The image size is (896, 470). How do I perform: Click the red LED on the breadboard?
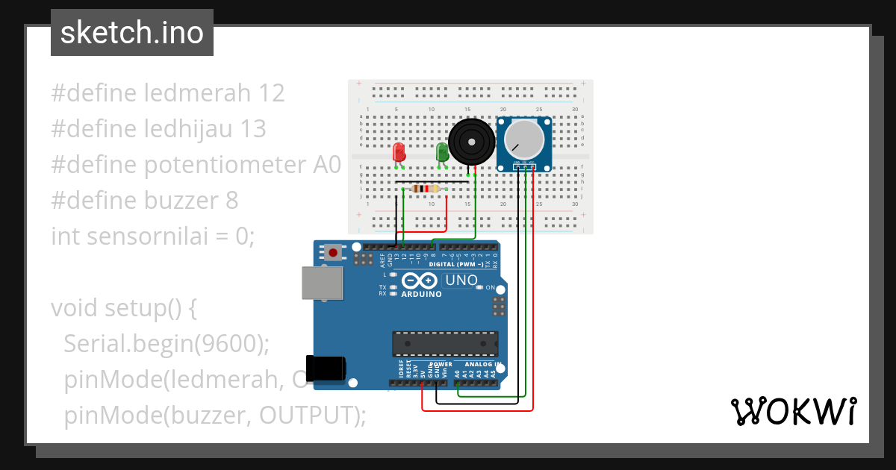pos(399,152)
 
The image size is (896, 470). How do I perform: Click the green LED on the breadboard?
pos(441,152)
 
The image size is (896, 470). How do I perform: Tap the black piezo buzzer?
pos(470,141)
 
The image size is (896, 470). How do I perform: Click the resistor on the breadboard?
pos(425,189)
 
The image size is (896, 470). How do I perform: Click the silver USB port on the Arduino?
pos(322,283)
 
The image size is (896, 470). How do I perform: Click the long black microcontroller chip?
pos(445,343)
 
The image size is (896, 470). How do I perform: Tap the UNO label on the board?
pos(461,281)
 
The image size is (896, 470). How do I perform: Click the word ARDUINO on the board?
pos(421,294)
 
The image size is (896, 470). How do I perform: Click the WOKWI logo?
pos(792,411)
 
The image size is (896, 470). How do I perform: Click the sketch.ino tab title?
pos(132,33)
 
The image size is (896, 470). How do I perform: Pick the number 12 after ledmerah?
pos(272,93)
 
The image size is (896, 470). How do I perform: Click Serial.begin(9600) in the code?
pos(166,343)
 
